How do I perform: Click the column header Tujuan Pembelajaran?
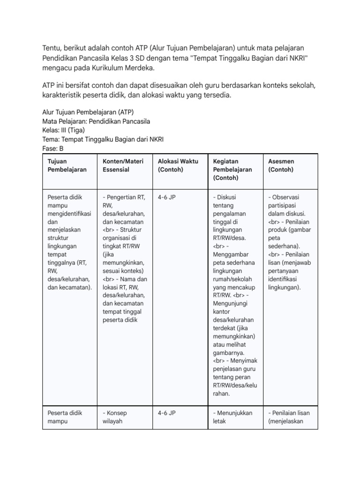(67, 165)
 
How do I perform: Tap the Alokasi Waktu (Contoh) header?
(178, 165)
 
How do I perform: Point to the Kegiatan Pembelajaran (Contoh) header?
(232, 170)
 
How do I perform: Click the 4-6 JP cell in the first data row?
(167, 197)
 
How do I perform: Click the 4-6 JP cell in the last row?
(167, 413)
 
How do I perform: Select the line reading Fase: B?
(53, 149)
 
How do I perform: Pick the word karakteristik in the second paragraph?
(67, 96)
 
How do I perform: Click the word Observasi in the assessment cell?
(288, 197)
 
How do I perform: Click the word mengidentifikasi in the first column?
(70, 213)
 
